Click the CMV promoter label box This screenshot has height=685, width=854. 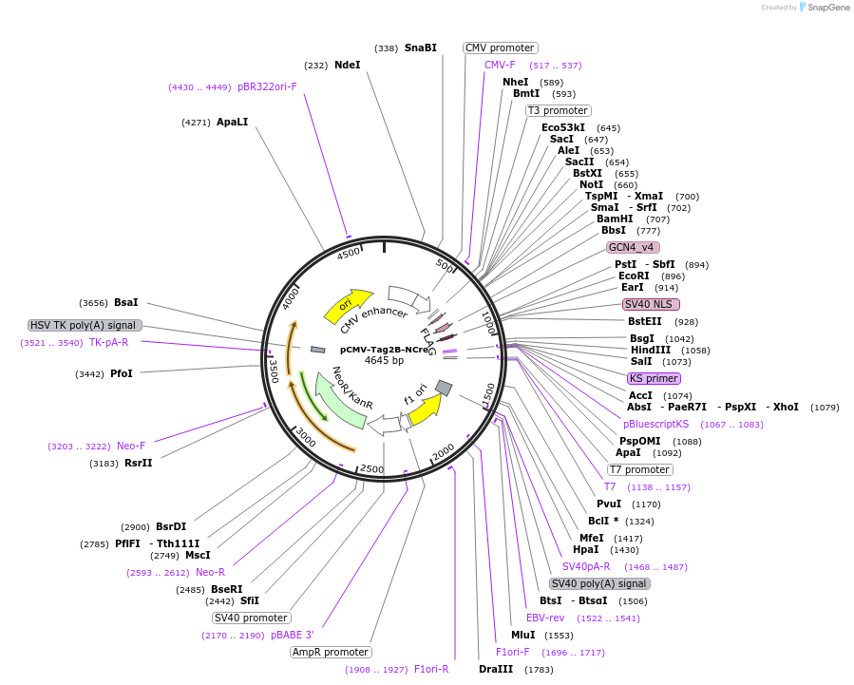(500, 48)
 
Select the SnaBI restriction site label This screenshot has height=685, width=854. (420, 48)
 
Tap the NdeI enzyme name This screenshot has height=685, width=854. (347, 65)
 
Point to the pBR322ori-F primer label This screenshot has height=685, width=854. (267, 86)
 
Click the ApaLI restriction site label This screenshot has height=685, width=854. (232, 122)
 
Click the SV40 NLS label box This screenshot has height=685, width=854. (650, 304)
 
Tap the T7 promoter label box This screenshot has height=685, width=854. (639, 469)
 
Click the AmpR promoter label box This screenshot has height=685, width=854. (331, 652)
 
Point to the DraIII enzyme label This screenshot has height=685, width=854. (496, 669)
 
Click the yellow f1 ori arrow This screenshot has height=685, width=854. (426, 406)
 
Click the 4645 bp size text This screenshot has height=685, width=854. (384, 361)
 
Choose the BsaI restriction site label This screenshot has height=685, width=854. (125, 302)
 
